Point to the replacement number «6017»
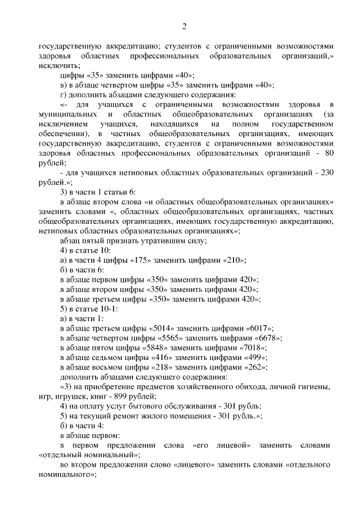pyautogui.click(x=260, y=328)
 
